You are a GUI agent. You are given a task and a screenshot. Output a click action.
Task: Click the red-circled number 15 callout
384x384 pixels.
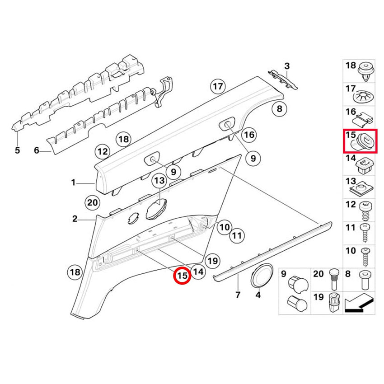coord(182,276)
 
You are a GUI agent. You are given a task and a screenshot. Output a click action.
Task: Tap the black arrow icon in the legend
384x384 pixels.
coord(359,303)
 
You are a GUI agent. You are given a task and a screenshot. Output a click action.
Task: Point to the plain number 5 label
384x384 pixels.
coord(17,150)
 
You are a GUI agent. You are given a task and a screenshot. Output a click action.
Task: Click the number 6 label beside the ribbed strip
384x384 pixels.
coord(37,150)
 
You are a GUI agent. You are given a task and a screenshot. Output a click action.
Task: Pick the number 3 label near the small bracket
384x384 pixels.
coord(287,66)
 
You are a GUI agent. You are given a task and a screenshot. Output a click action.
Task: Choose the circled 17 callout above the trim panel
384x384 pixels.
coord(218,86)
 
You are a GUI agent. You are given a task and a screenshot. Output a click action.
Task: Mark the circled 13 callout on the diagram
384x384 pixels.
coord(159,181)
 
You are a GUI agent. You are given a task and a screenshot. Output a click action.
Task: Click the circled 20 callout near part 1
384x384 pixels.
coord(92,203)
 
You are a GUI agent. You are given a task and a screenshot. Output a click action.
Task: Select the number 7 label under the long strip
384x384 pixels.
coord(238,295)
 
